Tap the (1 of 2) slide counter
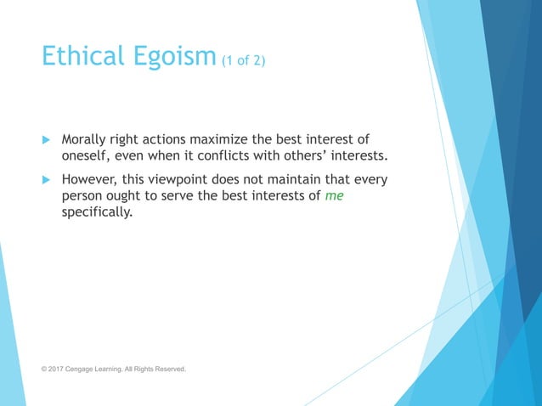click(243, 61)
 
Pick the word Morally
click(87, 139)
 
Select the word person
click(83, 196)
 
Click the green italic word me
click(334, 196)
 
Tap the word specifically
click(97, 212)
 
